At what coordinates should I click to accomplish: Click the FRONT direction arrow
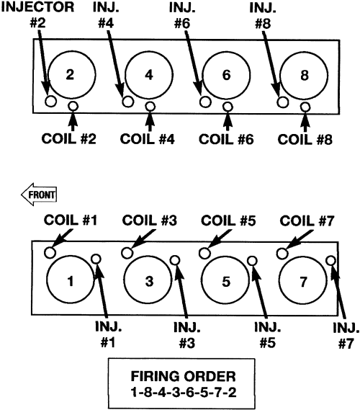tap(39, 195)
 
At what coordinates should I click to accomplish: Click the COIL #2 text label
tap(68, 138)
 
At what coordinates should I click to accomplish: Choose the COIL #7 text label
tap(307, 220)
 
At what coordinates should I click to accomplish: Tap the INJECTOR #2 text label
tap(37, 15)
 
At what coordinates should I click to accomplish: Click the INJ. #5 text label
tap(268, 334)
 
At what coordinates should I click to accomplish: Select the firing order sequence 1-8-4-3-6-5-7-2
tap(184, 392)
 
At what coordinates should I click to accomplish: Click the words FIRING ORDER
tap(184, 377)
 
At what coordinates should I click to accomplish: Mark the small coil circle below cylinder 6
tap(228, 107)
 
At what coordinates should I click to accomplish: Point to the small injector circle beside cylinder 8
tap(283, 102)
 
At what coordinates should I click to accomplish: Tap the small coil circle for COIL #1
tap(50, 252)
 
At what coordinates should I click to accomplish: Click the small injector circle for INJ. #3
tap(175, 260)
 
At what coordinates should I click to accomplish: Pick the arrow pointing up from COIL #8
tap(305, 122)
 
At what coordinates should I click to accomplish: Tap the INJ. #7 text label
tap(346, 336)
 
